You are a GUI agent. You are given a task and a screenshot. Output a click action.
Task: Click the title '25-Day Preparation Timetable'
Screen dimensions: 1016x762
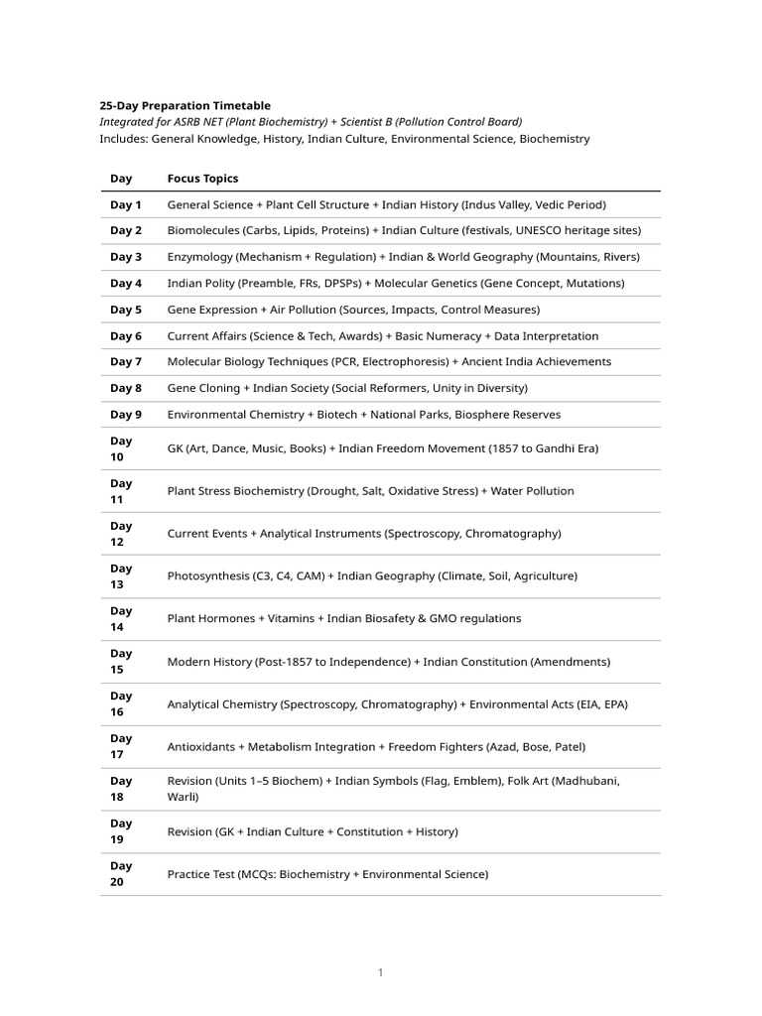pyautogui.click(x=185, y=105)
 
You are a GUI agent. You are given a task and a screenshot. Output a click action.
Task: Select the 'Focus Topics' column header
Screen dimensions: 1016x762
pyautogui.click(x=202, y=179)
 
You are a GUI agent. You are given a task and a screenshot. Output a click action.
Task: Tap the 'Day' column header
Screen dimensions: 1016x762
pyautogui.click(x=121, y=179)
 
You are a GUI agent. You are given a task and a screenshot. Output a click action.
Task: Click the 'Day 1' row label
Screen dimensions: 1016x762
pyautogui.click(x=126, y=204)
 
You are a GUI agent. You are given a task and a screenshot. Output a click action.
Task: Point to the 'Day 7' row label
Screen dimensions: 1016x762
pyautogui.click(x=126, y=361)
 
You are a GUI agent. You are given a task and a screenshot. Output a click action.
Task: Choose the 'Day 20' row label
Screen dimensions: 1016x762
pyautogui.click(x=121, y=874)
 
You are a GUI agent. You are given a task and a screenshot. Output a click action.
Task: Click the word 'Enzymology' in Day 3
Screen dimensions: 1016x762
pyautogui.click(x=199, y=257)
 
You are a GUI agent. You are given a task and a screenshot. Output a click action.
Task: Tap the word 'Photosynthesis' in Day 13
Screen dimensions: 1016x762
pyautogui.click(x=209, y=575)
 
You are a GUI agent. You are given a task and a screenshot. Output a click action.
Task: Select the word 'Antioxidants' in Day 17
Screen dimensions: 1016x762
pyautogui.click(x=202, y=746)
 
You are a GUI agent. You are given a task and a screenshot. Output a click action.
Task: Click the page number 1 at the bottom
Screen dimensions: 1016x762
pyautogui.click(x=380, y=973)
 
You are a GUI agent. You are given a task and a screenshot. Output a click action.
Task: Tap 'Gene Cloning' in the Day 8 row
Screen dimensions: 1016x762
pyautogui.click(x=203, y=388)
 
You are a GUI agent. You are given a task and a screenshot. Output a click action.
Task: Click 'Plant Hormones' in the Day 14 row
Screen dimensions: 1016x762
pyautogui.click(x=211, y=618)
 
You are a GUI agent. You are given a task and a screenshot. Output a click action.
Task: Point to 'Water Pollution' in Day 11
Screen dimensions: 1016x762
pyautogui.click(x=533, y=491)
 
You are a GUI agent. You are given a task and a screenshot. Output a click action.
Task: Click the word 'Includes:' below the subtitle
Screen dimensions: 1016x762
pyautogui.click(x=123, y=139)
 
